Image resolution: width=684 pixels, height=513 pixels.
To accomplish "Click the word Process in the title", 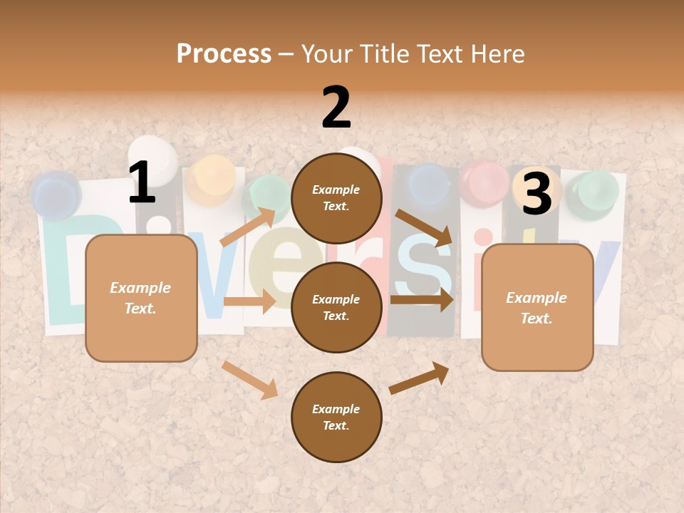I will [224, 53].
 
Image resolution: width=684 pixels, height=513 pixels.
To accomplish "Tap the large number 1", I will [142, 183].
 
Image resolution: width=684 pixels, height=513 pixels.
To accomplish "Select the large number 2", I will [336, 108].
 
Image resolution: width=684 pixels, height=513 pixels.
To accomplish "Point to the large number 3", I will [537, 194].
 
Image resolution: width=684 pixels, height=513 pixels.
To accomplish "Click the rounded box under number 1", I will [141, 298].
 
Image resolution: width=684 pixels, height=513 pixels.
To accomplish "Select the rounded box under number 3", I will [537, 308].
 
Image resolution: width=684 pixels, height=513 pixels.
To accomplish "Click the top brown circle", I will [336, 198].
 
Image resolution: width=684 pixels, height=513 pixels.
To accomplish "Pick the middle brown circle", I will [336, 308].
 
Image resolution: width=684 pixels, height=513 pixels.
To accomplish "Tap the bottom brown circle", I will [336, 418].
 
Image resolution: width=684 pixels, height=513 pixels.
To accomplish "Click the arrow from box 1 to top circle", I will [248, 227].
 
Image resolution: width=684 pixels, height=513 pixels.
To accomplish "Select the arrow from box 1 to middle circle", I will [249, 301].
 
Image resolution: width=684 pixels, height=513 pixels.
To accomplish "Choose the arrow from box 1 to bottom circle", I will [249, 379].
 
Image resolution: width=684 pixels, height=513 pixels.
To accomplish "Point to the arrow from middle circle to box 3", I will [422, 300].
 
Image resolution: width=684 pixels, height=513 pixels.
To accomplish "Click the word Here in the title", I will [497, 53].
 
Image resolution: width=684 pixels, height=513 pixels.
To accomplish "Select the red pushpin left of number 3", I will [484, 182].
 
